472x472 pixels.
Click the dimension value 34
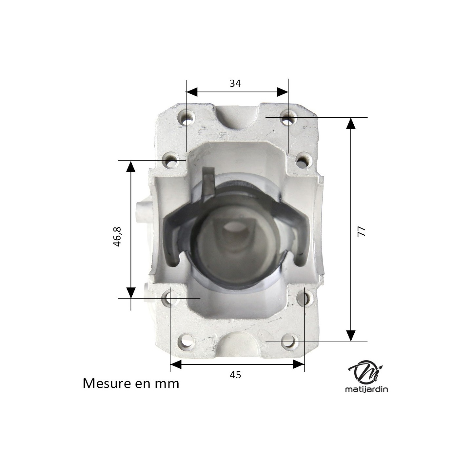pyautogui.click(x=235, y=84)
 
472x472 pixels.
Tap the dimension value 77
pyautogui.click(x=361, y=231)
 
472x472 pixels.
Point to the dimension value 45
pyautogui.click(x=235, y=375)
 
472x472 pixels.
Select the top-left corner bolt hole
pyautogui.click(x=187, y=118)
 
